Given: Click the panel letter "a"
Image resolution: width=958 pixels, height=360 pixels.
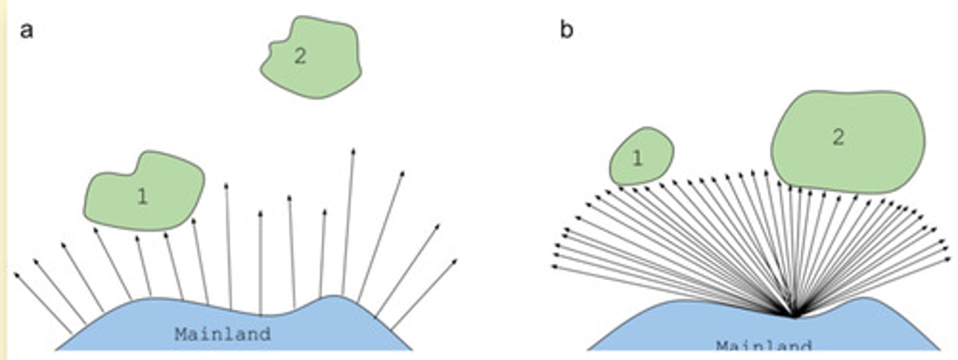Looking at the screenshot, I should coord(27,31).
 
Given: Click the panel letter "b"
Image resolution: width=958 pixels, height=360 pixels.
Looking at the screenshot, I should coord(566,31).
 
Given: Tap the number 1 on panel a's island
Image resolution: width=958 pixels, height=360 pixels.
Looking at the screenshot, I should coord(142,196).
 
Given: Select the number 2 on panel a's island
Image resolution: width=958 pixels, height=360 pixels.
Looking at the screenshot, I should coord(300,57).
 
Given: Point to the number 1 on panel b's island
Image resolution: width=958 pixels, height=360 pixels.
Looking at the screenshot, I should coord(637,158).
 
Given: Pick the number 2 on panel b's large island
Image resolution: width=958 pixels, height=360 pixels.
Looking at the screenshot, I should coord(838,138).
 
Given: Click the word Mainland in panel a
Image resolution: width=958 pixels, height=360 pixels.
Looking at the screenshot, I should coord(223,334).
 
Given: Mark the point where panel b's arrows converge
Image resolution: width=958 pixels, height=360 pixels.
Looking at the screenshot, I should coord(792,315).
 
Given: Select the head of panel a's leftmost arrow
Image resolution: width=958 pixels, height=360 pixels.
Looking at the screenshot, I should coord(16,273).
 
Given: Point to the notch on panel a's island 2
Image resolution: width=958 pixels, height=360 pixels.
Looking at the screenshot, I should coord(272,47).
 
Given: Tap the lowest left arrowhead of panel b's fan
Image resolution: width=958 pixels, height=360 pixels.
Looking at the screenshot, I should coord(554,268).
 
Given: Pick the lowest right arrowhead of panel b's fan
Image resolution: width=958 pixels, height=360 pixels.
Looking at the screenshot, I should coord(948,258).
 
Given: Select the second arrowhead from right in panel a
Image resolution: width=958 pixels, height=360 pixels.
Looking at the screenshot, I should coord(438,226).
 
